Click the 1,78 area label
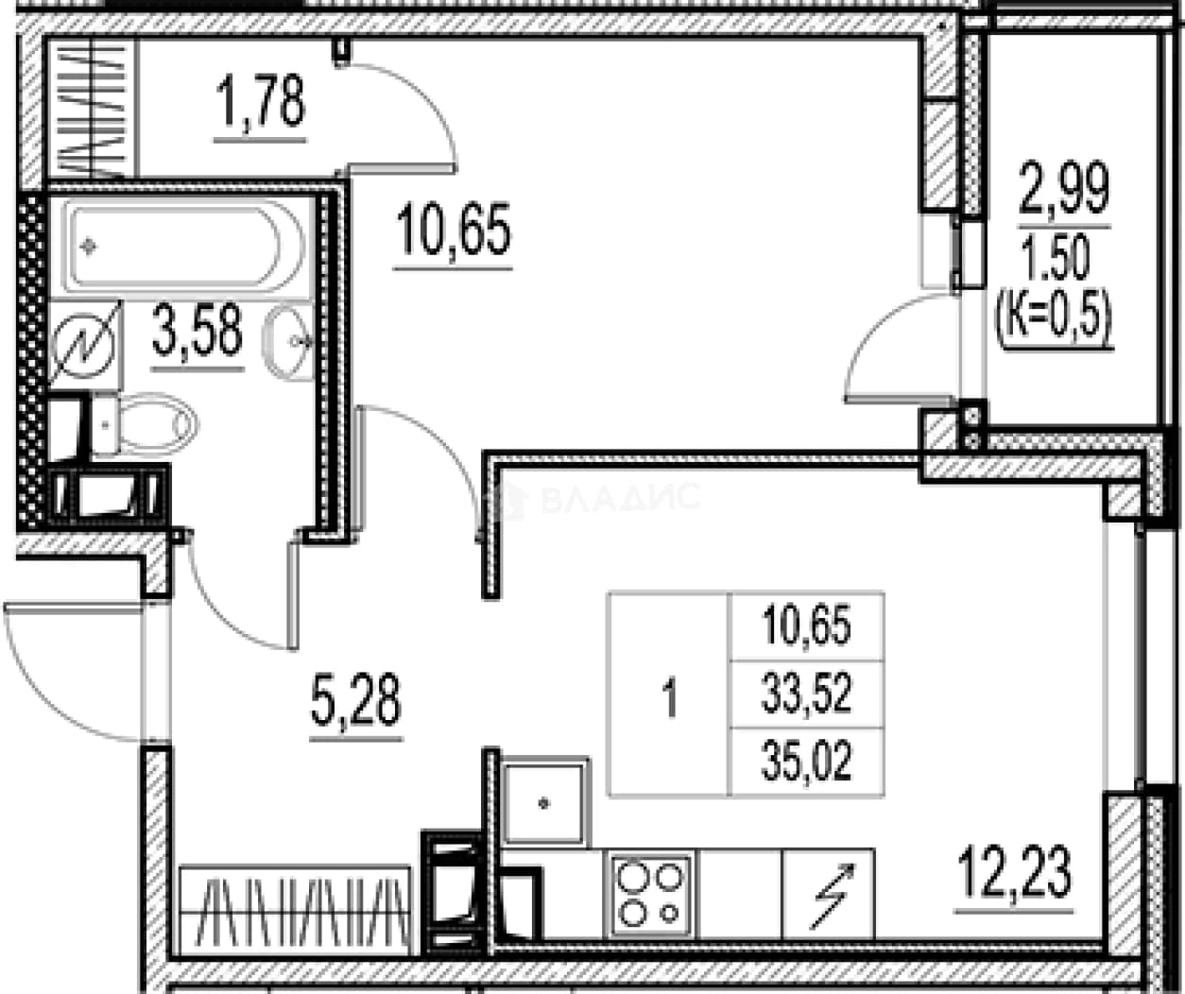tap(261, 102)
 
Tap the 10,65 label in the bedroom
tap(454, 231)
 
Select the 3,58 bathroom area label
tap(197, 330)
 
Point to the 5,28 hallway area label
tap(356, 699)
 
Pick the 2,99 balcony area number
tap(1064, 188)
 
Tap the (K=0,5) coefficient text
tap(1056, 319)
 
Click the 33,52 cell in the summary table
tap(806, 694)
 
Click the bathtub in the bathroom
tap(184, 247)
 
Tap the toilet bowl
tap(146, 424)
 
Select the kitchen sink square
tap(543, 801)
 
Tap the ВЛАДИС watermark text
tap(620, 498)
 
